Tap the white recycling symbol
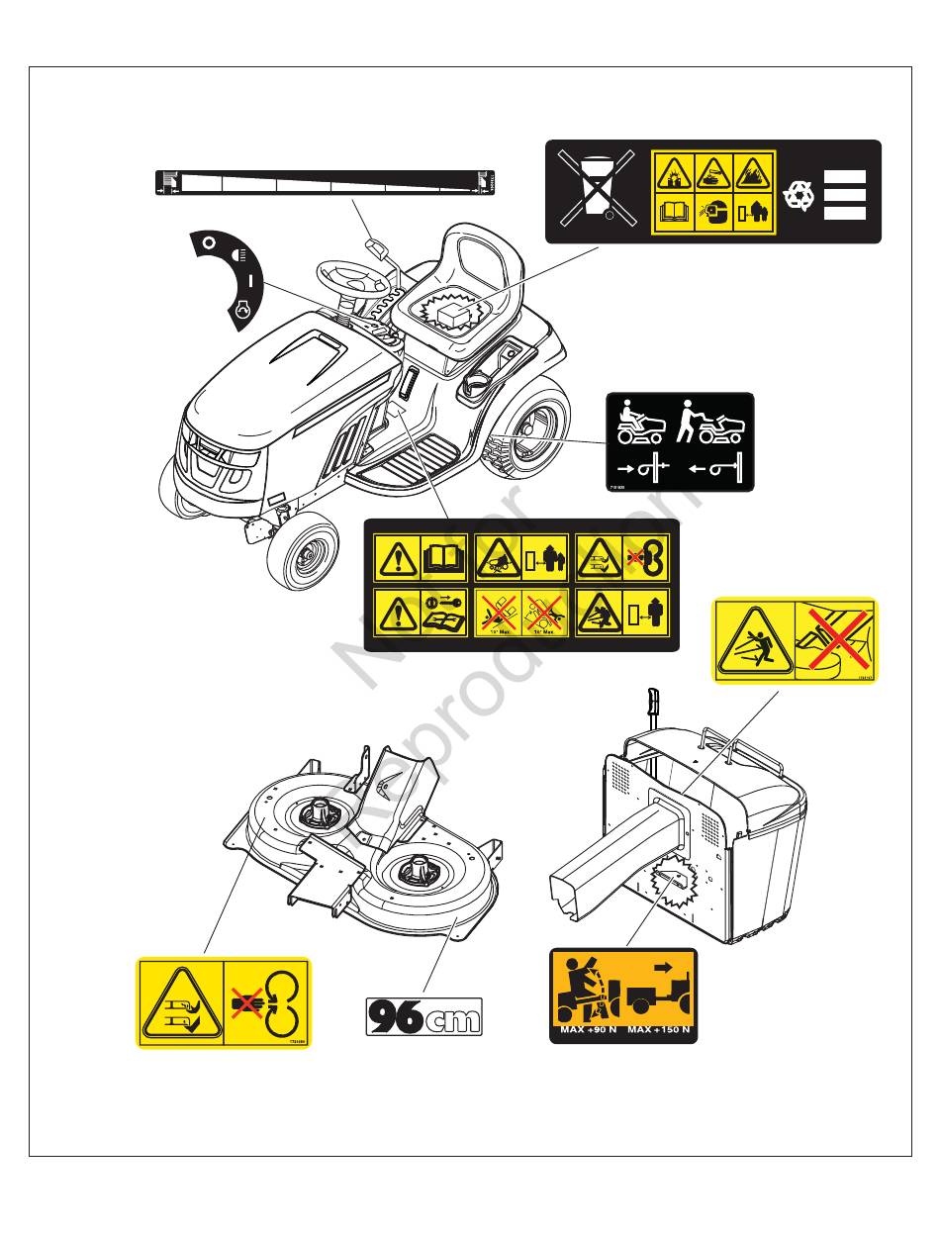[x=799, y=195]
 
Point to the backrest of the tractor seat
[x=485, y=257]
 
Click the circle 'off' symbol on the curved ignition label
[x=208, y=241]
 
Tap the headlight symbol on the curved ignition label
[x=237, y=255]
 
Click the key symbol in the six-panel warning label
[x=444, y=605]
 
